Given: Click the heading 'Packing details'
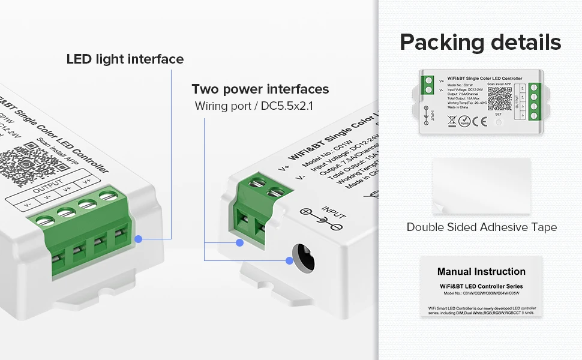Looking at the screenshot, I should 481,43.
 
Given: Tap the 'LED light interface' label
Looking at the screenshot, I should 125,59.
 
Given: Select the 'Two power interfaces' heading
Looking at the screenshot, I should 260,89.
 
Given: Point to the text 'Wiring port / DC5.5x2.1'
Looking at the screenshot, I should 254,106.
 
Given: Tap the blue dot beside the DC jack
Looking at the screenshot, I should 289,260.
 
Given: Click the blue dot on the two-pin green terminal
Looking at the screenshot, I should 239,242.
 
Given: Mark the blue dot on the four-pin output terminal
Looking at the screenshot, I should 139,238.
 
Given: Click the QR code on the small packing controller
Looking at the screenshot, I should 499,96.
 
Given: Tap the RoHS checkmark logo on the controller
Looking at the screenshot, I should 464,121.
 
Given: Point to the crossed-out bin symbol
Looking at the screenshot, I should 452,120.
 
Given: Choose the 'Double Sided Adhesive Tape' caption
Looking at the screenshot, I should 481,227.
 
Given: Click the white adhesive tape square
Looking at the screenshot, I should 481,187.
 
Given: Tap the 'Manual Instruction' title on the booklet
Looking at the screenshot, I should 481,272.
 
